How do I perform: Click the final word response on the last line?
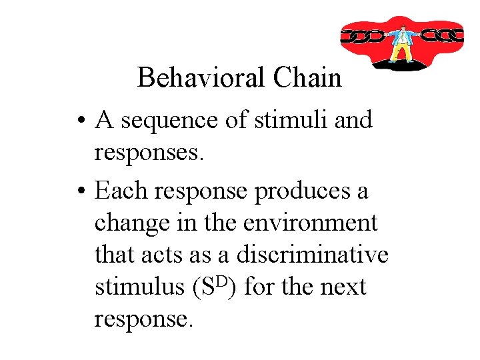[x=143, y=319]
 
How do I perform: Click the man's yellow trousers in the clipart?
[x=401, y=53]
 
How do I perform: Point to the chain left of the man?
[x=363, y=35]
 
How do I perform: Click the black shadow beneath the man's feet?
[x=402, y=65]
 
